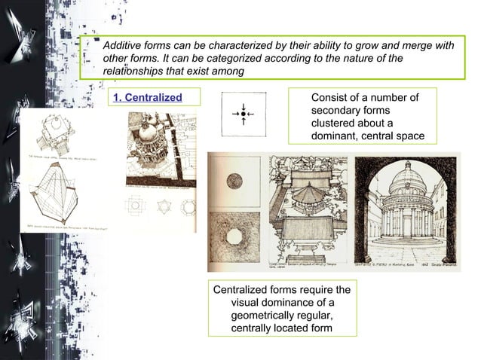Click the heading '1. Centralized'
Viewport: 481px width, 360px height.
coord(147,98)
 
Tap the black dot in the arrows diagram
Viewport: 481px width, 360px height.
coord(244,114)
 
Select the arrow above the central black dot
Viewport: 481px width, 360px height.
coord(244,105)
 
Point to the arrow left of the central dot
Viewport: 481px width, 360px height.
coord(235,114)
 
